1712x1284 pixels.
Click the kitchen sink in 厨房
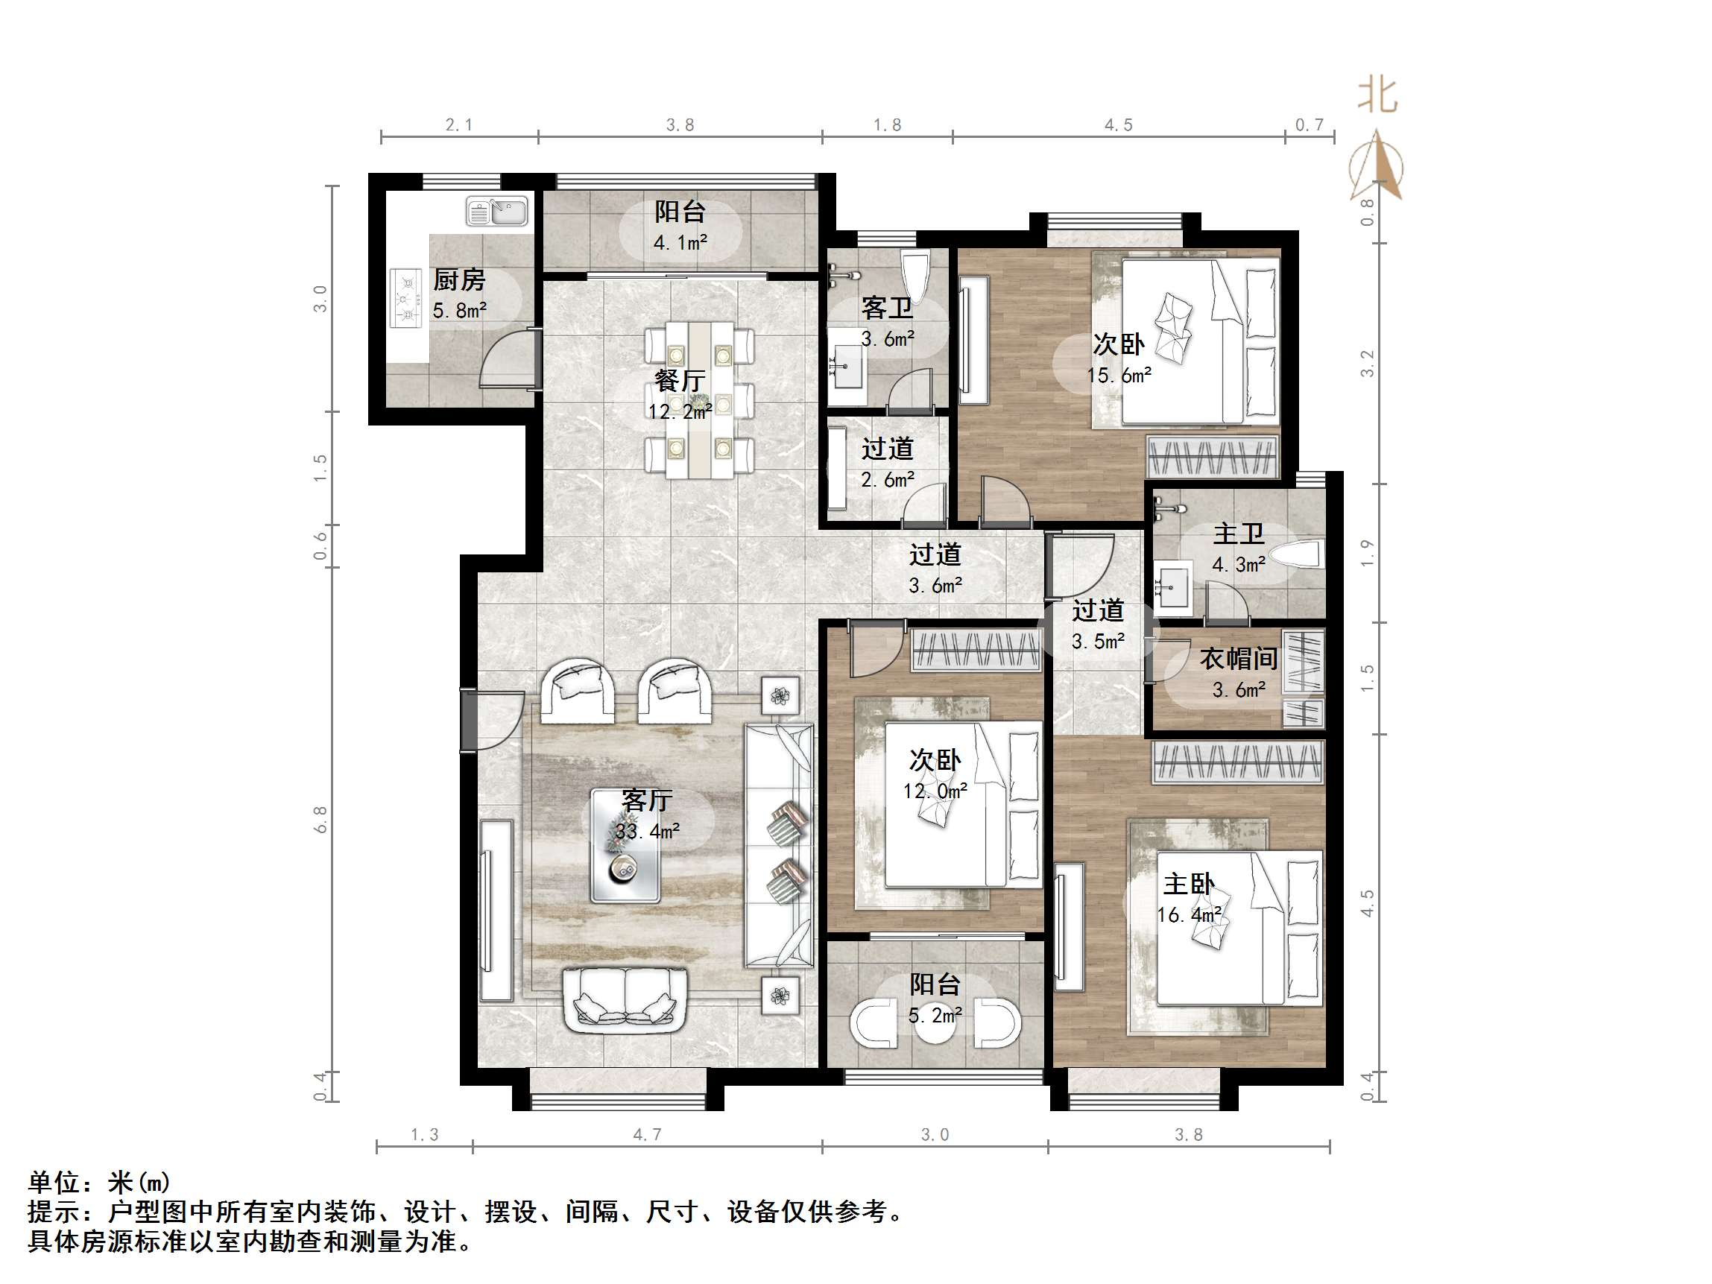point(497,210)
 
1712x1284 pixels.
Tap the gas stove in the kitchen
point(404,297)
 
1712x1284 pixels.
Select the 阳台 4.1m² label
point(680,226)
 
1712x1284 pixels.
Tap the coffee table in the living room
point(625,845)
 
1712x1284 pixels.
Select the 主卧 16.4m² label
point(1189,898)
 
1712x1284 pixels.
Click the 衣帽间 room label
point(1238,659)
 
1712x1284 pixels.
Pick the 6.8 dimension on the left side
point(320,819)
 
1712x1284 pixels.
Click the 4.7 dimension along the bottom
point(647,1135)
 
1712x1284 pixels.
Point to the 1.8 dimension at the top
point(887,124)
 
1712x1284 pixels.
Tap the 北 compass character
point(1377,96)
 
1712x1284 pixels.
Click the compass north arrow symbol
point(1377,165)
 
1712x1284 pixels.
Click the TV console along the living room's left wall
point(496,910)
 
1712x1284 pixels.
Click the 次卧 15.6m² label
point(1119,358)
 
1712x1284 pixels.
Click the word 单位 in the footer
point(54,1183)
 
